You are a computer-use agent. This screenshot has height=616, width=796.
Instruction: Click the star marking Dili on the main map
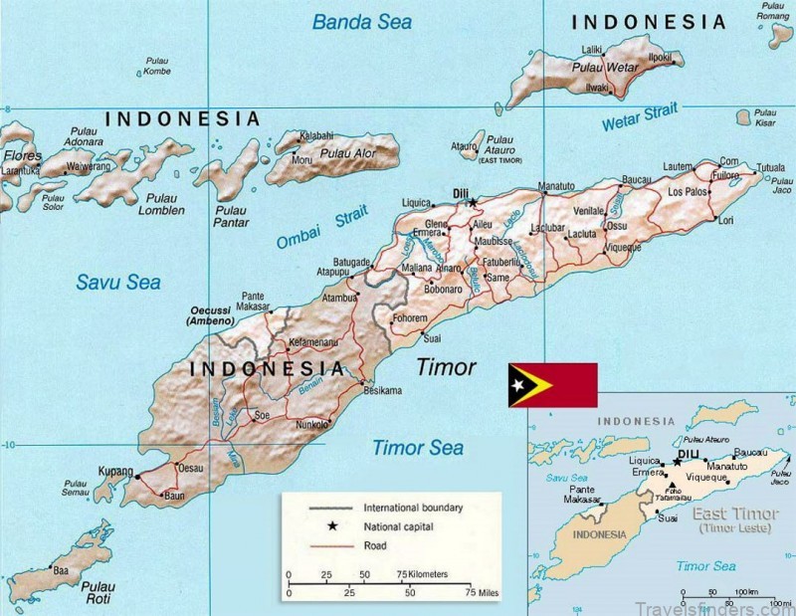click(x=474, y=202)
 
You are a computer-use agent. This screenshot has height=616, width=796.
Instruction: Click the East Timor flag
click(x=552, y=385)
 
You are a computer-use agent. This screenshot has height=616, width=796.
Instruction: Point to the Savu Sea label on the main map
click(x=117, y=283)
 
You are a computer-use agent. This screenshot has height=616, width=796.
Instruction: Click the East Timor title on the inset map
click(x=732, y=513)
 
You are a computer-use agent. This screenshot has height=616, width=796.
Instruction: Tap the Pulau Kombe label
click(x=157, y=66)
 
